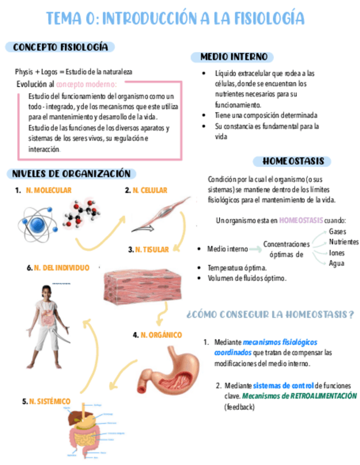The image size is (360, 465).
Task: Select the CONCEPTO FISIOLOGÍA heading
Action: pyautogui.click(x=60, y=47)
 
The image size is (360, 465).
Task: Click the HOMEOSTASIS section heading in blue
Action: pyautogui.click(x=293, y=161)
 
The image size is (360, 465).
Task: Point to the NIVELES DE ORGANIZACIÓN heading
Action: pyautogui.click(x=71, y=174)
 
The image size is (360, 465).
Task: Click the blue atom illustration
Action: pyautogui.click(x=38, y=222)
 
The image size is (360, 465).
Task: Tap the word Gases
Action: pyautogui.click(x=337, y=231)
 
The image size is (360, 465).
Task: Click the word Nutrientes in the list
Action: pyautogui.click(x=344, y=242)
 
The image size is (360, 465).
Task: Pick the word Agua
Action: pyautogui.click(x=336, y=263)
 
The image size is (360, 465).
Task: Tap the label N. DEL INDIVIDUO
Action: pyautogui.click(x=61, y=268)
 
